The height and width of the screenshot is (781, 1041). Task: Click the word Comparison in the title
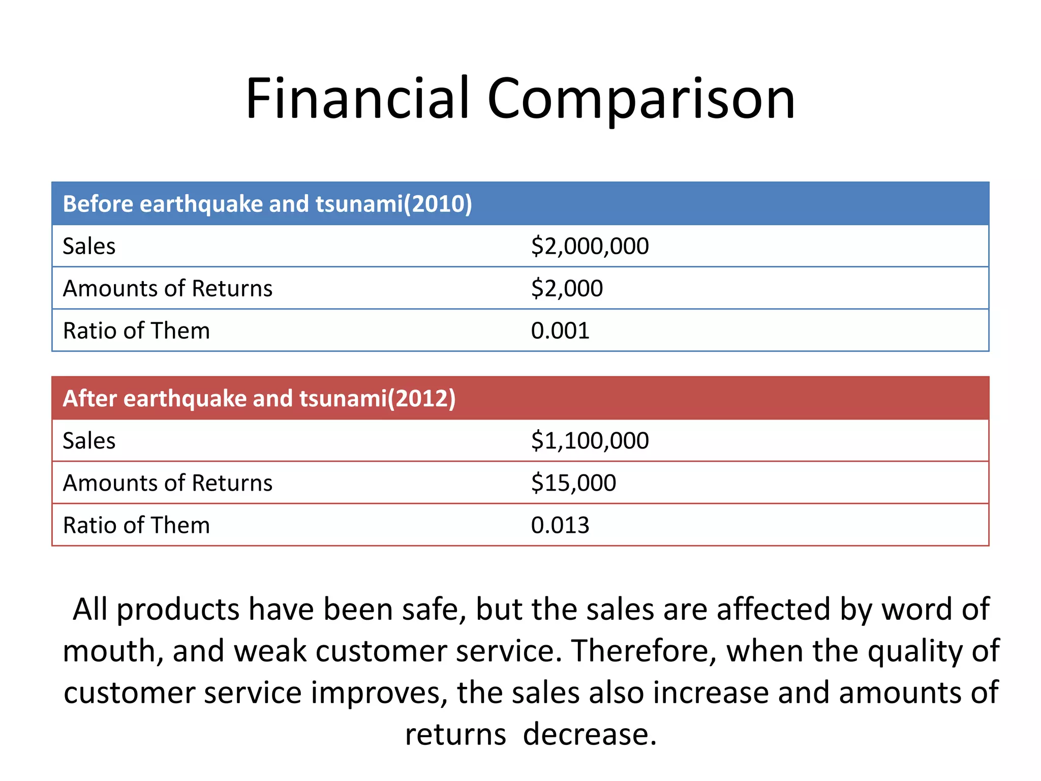click(x=641, y=99)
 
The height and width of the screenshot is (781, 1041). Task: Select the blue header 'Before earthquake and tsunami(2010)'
click(x=267, y=204)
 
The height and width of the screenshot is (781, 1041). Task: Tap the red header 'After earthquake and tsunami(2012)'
click(x=259, y=398)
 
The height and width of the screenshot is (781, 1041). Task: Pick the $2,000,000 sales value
click(x=590, y=246)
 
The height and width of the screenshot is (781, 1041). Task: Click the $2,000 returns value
click(x=567, y=288)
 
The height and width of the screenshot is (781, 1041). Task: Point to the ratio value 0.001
click(x=560, y=331)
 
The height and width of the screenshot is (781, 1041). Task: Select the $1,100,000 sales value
click(x=590, y=440)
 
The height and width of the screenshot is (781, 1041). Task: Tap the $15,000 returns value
click(x=573, y=483)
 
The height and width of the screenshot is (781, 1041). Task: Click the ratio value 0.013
click(x=560, y=525)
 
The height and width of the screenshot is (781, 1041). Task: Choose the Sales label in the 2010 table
click(x=89, y=246)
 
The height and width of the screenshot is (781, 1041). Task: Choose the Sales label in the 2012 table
click(x=89, y=440)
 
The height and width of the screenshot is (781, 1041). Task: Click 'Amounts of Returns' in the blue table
click(x=168, y=288)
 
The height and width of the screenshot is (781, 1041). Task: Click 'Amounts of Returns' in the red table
click(x=168, y=483)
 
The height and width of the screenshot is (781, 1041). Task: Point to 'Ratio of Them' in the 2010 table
click(x=136, y=331)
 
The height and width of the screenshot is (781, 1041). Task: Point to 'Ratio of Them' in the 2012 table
click(x=136, y=525)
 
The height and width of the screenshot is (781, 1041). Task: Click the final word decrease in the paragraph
click(x=590, y=734)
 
